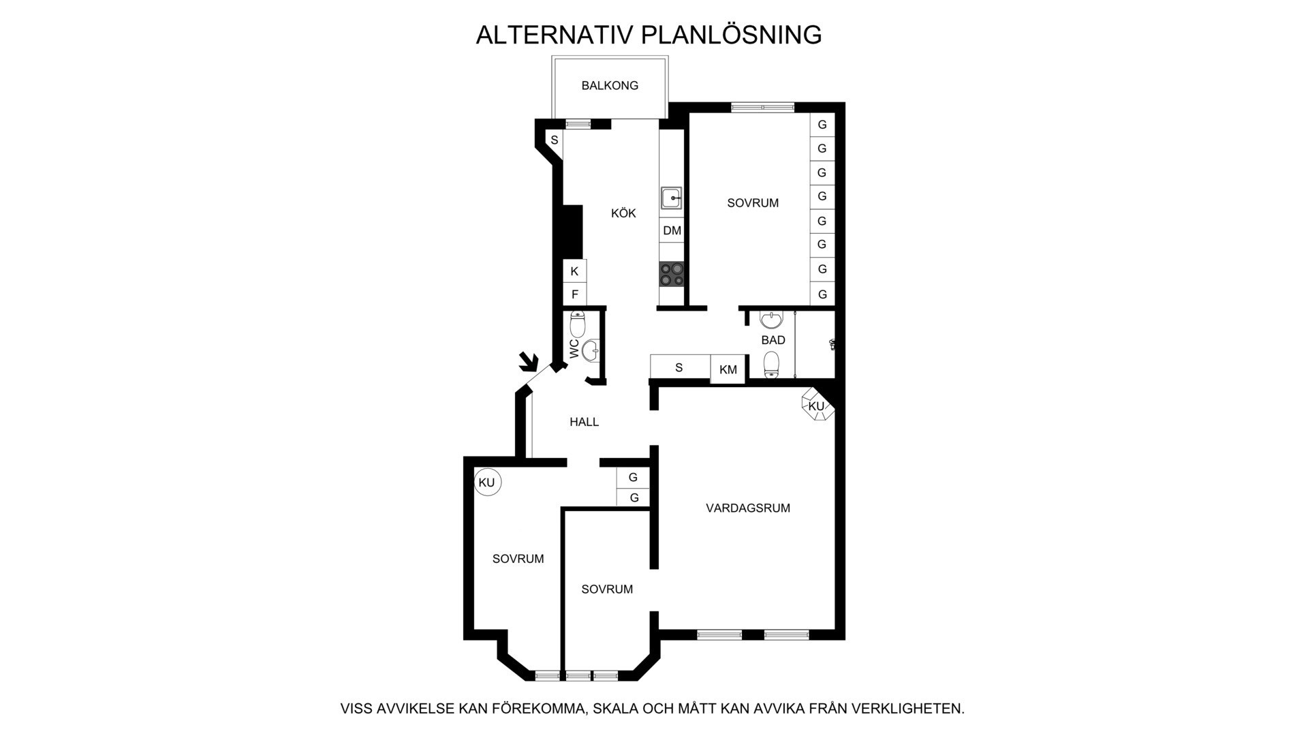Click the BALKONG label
[x=610, y=86]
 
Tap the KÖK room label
[x=623, y=213]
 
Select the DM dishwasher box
[x=672, y=230]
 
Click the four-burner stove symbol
[x=672, y=274]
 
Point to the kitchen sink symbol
[x=671, y=198]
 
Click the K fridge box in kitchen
[x=574, y=271]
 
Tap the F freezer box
[x=574, y=294]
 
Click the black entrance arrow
[x=528, y=362]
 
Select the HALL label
[x=584, y=422]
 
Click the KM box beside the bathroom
[x=728, y=369]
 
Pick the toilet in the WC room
[x=578, y=323]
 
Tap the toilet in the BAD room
[x=771, y=365]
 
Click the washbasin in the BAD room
[x=770, y=320]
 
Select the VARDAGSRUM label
[x=747, y=508]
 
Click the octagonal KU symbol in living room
[x=816, y=406]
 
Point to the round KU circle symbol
[x=487, y=482]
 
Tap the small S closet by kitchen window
[x=555, y=140]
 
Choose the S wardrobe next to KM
[x=679, y=367]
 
